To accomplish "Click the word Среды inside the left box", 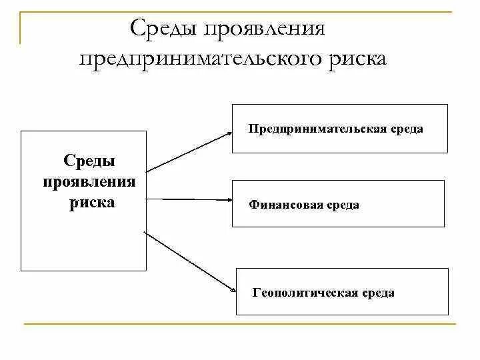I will click(89, 161).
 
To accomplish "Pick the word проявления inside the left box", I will click(89, 181).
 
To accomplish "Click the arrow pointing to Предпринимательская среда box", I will click(188, 151).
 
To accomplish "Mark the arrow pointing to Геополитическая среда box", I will click(189, 261).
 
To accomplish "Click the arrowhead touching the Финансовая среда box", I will click(228, 199).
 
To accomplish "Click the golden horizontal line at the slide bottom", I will click(240, 324).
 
